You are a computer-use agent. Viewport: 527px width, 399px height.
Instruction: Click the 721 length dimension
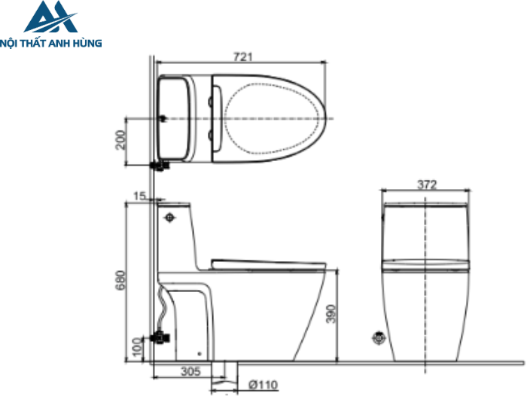242,56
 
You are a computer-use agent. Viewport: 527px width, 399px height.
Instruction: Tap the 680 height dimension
121,281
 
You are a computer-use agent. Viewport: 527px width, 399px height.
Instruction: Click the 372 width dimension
427,184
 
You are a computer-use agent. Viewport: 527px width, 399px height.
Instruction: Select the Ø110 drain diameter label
263,385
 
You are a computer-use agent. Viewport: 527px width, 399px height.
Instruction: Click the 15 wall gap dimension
139,196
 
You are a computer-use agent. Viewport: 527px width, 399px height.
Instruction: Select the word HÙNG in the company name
88,44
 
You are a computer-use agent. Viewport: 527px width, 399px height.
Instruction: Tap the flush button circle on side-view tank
169,218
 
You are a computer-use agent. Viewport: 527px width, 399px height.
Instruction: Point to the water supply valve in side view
160,337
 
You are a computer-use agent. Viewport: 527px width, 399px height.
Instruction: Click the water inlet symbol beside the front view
379,338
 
